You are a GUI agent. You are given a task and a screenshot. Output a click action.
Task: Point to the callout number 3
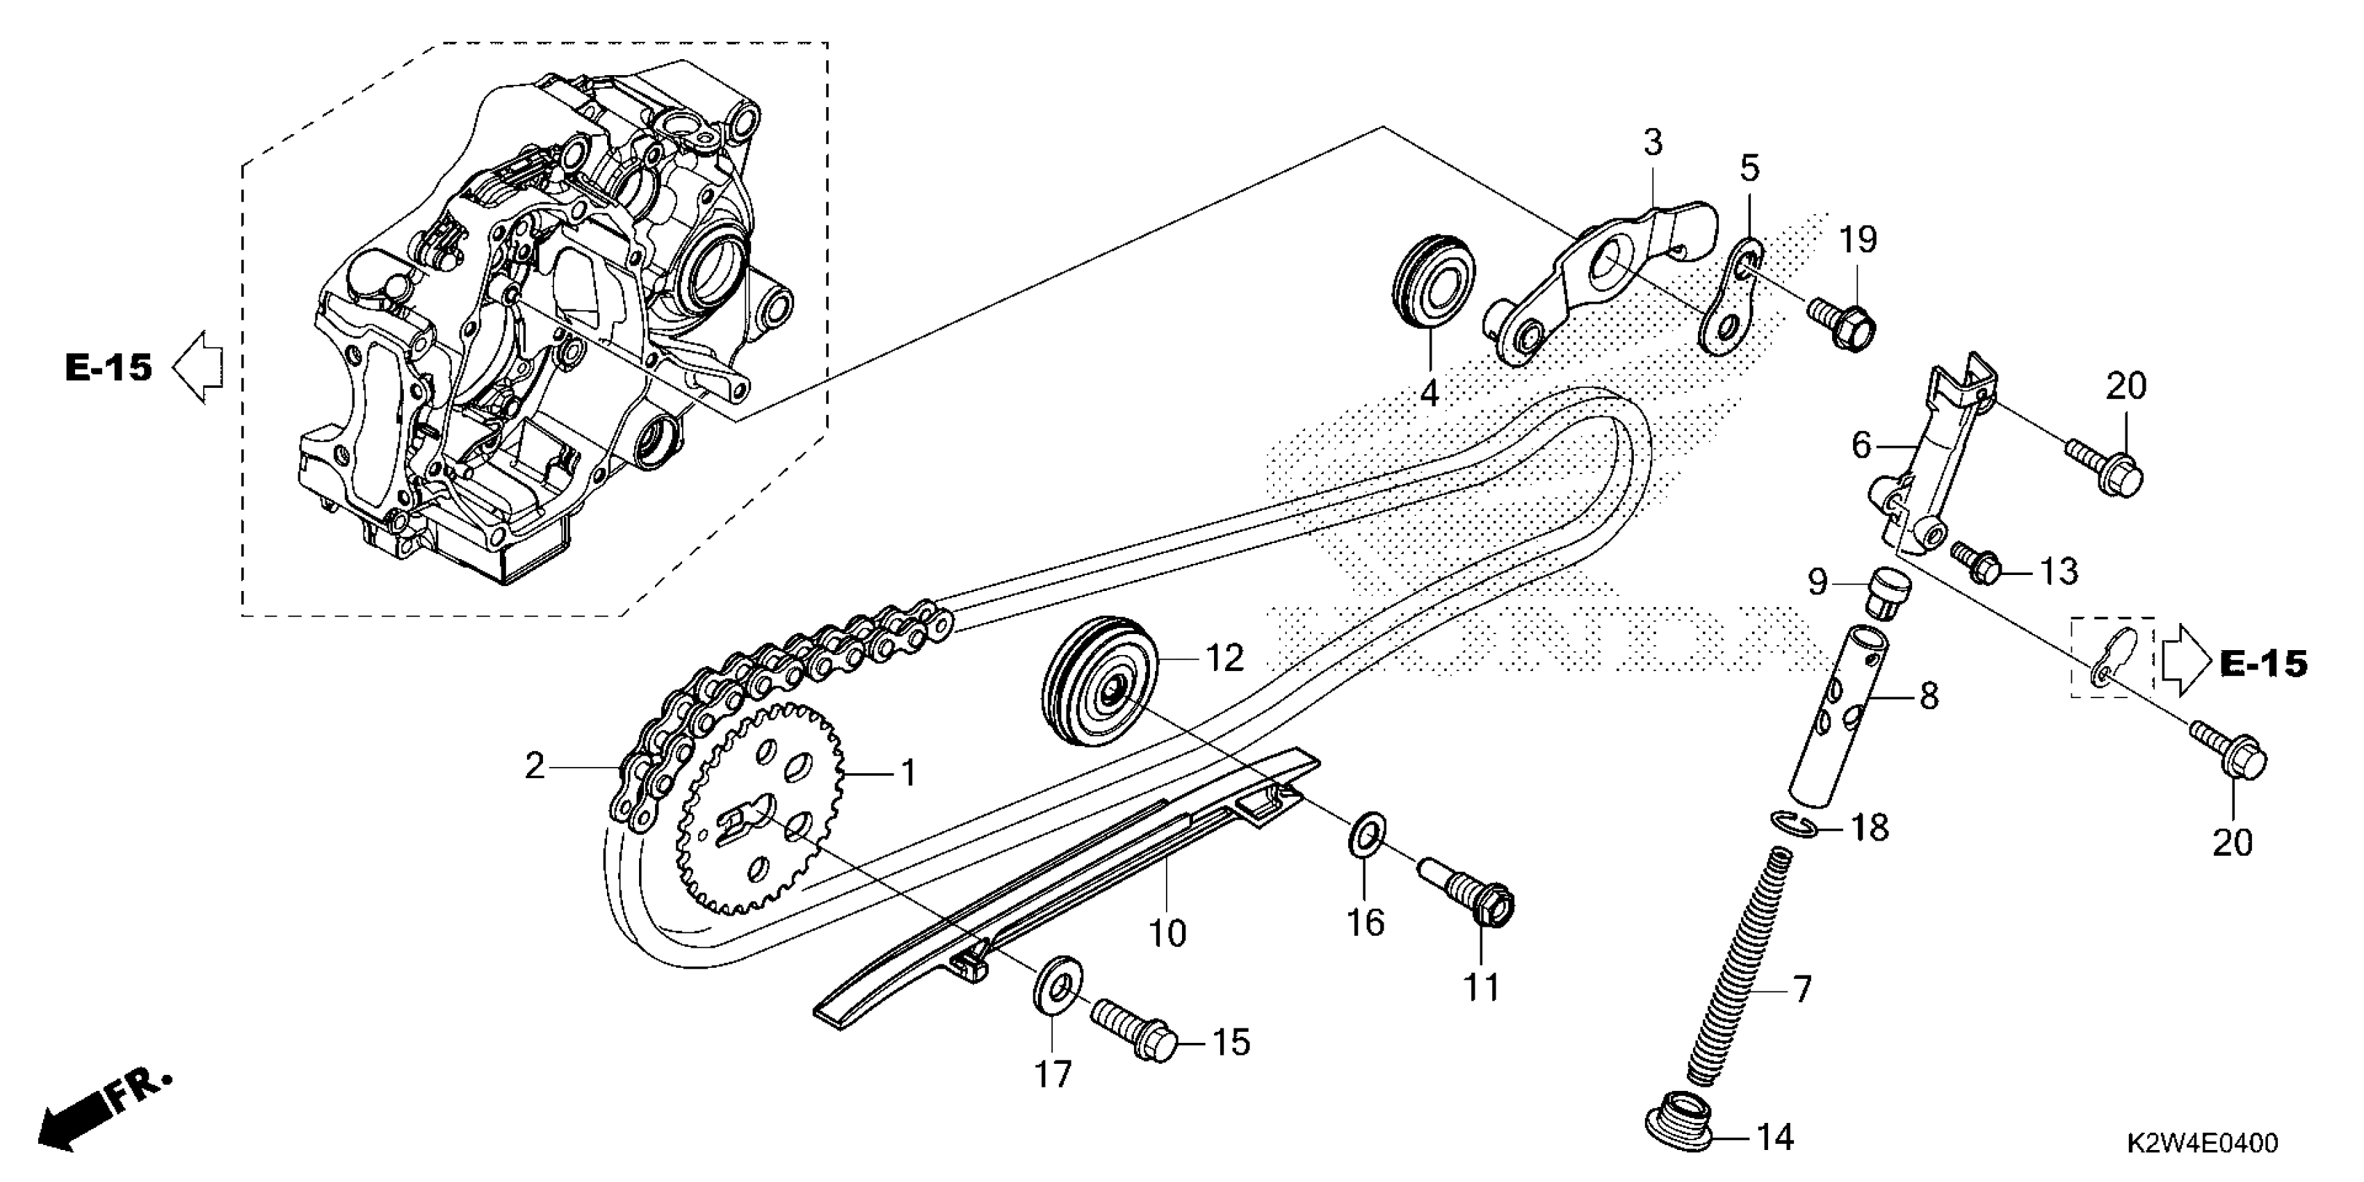coord(1652,143)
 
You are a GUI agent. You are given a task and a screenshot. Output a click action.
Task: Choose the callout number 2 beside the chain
coord(535,766)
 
